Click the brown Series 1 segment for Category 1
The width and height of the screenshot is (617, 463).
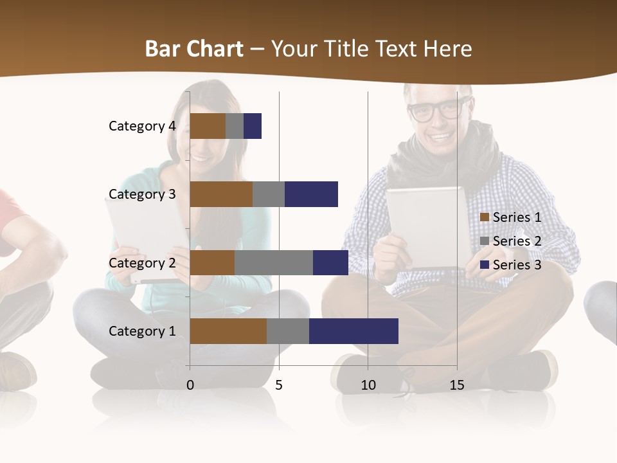coord(228,331)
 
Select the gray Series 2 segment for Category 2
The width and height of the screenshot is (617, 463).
coord(274,262)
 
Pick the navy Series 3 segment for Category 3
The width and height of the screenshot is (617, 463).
coord(311,194)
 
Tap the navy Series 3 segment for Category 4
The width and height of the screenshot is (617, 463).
coord(253,126)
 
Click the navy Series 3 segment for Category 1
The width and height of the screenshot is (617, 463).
coord(353,331)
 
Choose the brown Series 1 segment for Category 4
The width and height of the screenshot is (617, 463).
coord(208,126)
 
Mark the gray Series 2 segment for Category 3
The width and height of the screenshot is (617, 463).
coord(269,194)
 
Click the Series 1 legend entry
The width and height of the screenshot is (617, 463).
coord(511,217)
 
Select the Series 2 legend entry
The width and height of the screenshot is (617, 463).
coord(511,241)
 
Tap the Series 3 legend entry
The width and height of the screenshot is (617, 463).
coord(511,265)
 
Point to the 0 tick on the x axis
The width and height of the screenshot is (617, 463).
coord(190,385)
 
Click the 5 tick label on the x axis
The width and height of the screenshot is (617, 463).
coord(279,385)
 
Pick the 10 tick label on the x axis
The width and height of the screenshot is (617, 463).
coord(368,385)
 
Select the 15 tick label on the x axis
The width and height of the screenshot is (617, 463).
coord(457,385)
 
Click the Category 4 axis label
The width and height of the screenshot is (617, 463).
coord(142,126)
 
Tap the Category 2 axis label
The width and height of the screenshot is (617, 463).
coord(142,262)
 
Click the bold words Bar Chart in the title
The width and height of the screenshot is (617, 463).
coord(194,49)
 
